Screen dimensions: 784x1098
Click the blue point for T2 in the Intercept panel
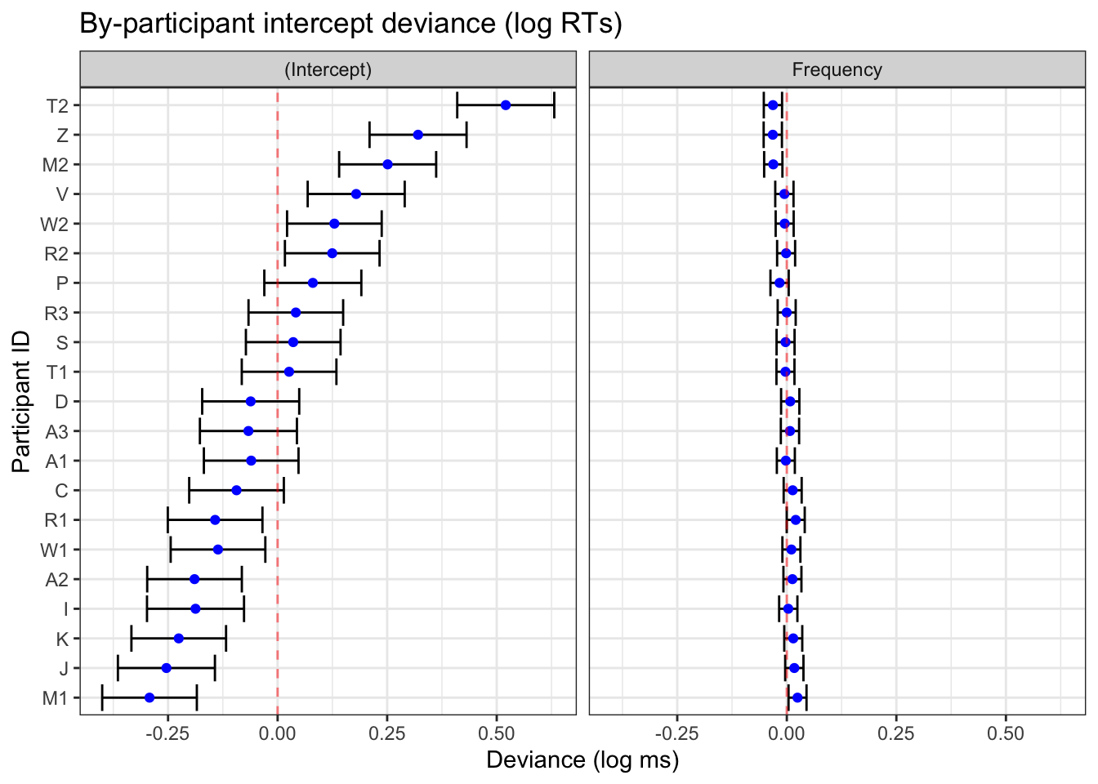coord(506,105)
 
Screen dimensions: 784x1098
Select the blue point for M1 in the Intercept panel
coord(150,698)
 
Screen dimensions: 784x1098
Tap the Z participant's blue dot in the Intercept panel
coord(418,135)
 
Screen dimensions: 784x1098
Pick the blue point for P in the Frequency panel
coord(779,283)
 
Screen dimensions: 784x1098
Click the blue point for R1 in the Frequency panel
coord(796,520)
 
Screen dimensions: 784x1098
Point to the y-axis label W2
coord(55,224)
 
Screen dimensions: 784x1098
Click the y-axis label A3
coord(56,431)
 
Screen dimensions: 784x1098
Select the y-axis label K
coord(62,639)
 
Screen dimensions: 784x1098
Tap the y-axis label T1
coord(57,372)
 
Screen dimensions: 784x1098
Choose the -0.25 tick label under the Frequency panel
coord(677,733)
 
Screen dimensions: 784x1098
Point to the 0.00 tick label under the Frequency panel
coord(787,733)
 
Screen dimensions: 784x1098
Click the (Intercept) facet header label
coord(328,69)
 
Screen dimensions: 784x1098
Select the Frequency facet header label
coord(837,69)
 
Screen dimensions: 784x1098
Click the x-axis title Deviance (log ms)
coord(582,760)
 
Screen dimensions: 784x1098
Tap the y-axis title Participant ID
coord(22,401)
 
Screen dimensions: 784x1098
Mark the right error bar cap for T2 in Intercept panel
coord(554,105)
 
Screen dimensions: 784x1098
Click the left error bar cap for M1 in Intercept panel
coord(102,698)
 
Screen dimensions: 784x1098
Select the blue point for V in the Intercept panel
coord(356,194)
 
